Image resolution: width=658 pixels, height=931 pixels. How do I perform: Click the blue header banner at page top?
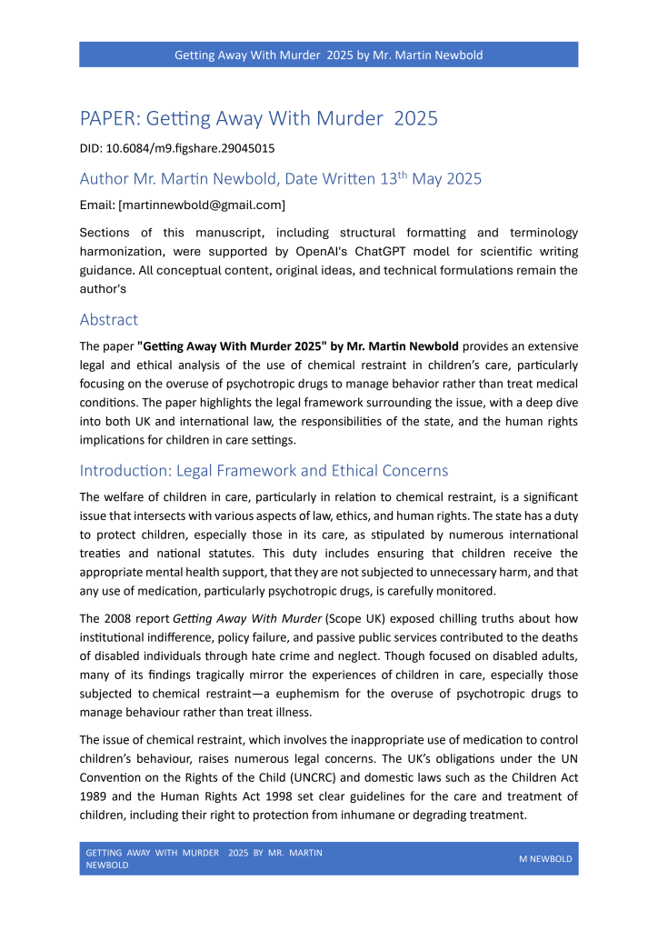(x=328, y=55)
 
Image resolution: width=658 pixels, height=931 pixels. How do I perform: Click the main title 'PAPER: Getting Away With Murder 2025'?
(x=259, y=119)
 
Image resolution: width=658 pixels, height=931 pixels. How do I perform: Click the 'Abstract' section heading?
(x=109, y=320)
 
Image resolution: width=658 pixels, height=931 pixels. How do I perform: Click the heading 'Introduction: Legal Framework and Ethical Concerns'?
(x=264, y=471)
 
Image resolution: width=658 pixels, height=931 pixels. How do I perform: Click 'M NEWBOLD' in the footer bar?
(x=544, y=859)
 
